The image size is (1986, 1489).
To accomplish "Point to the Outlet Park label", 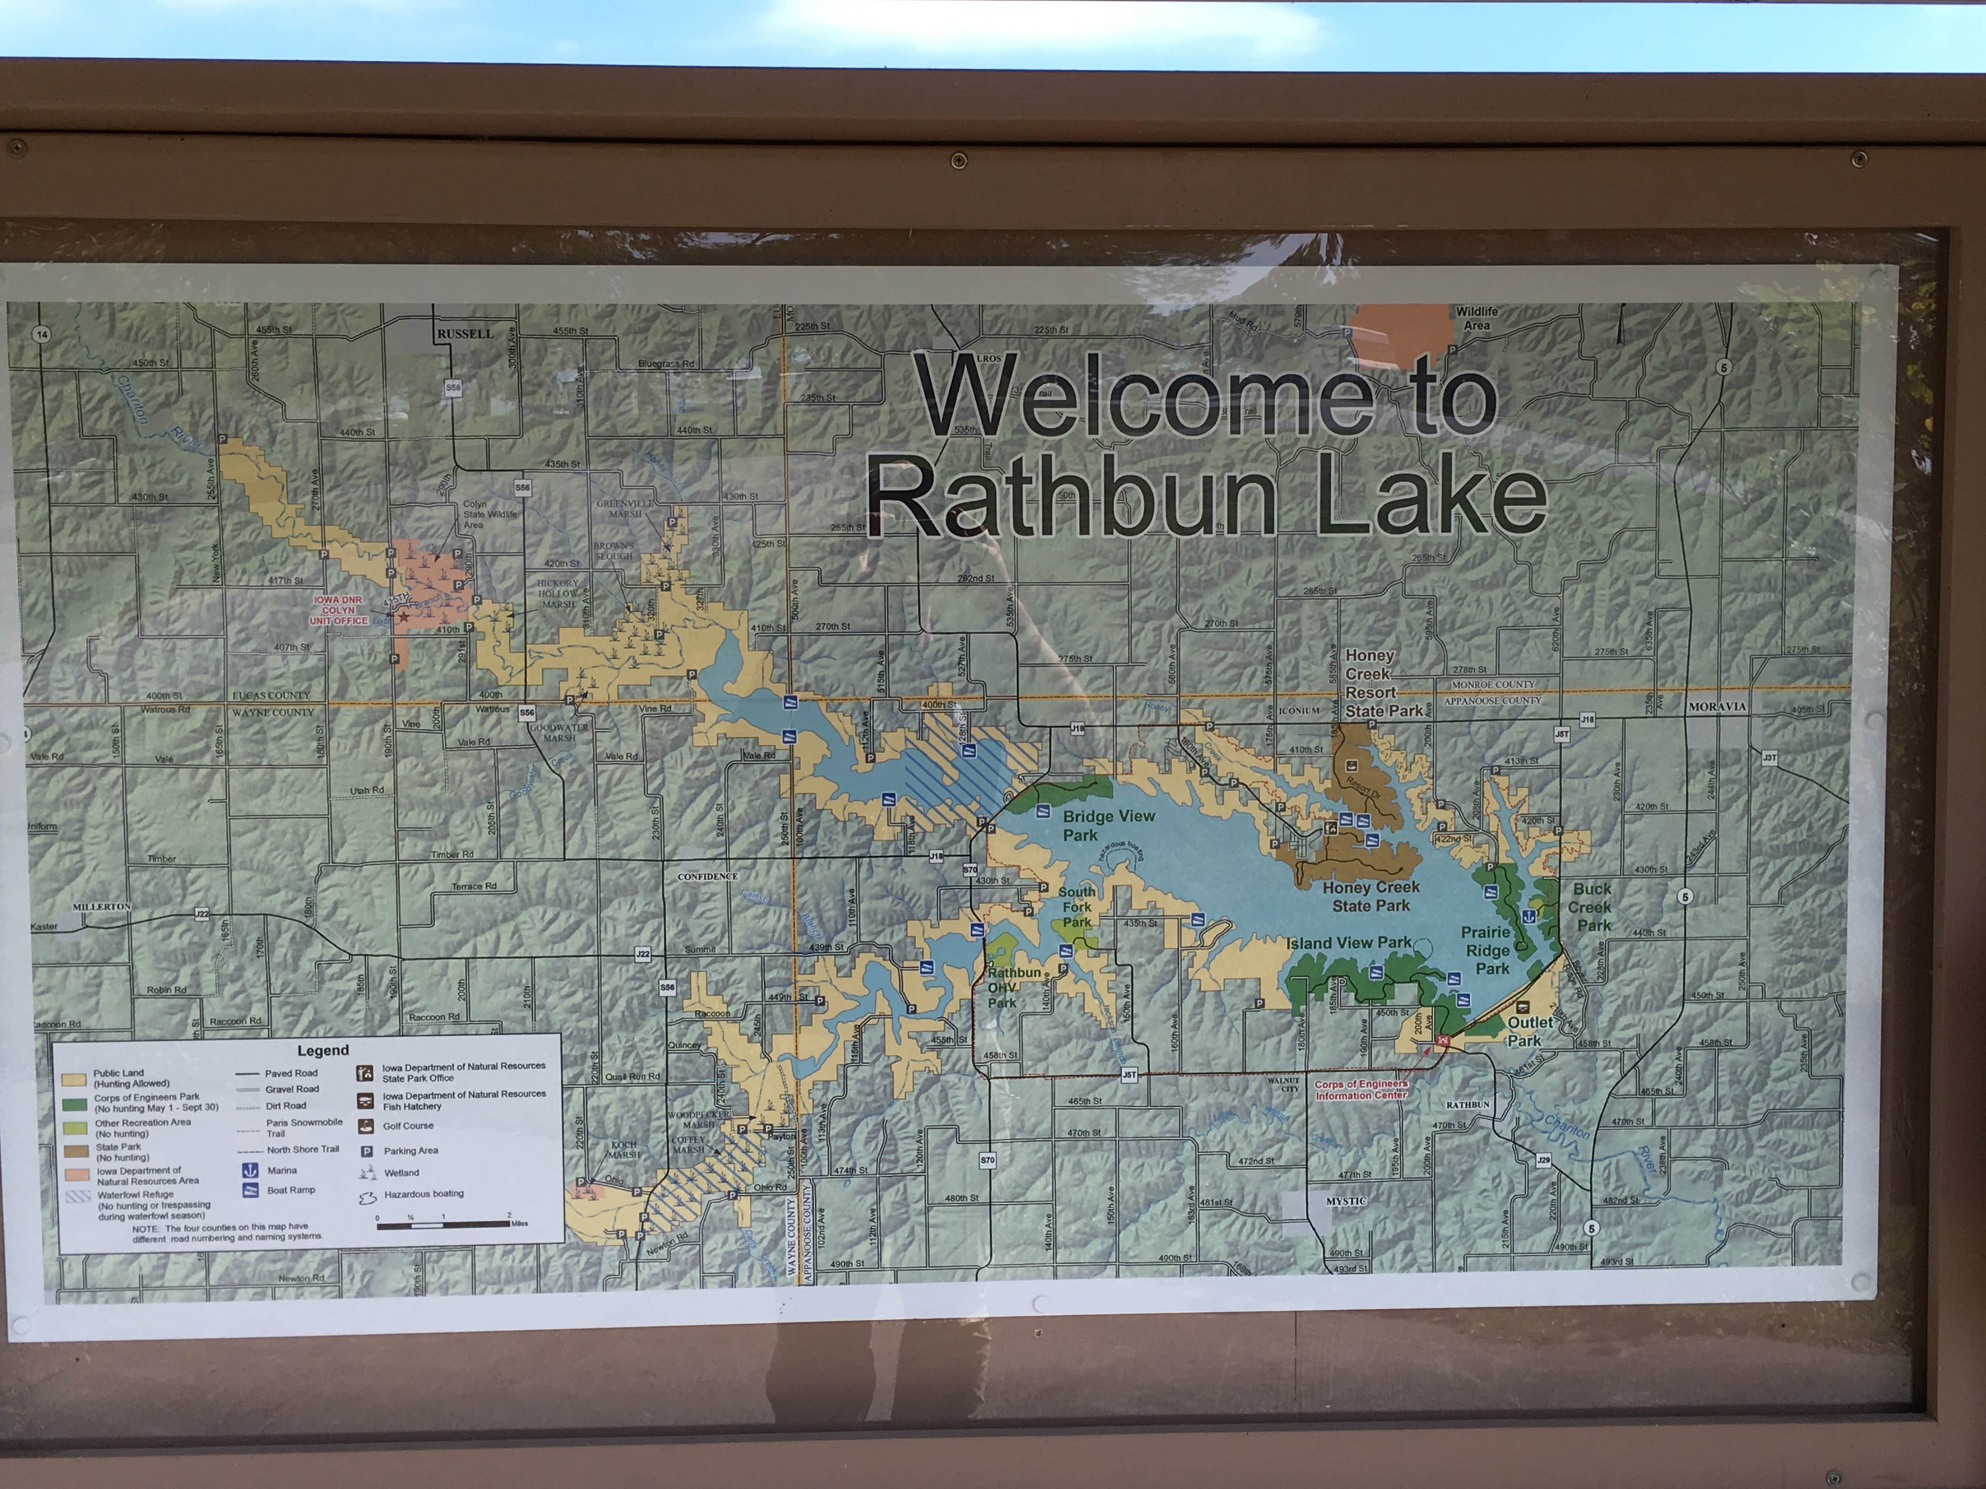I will [1529, 1031].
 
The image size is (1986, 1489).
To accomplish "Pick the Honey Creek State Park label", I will [1370, 896].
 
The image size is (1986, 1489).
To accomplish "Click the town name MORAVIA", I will [1717, 707].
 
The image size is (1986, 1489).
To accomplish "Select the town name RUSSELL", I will [465, 334].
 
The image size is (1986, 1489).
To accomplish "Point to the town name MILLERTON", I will [101, 906].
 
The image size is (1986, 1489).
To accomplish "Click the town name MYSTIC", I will [1346, 1201].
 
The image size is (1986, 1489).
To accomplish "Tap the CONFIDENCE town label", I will [707, 876].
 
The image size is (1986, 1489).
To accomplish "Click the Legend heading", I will [322, 1050].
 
